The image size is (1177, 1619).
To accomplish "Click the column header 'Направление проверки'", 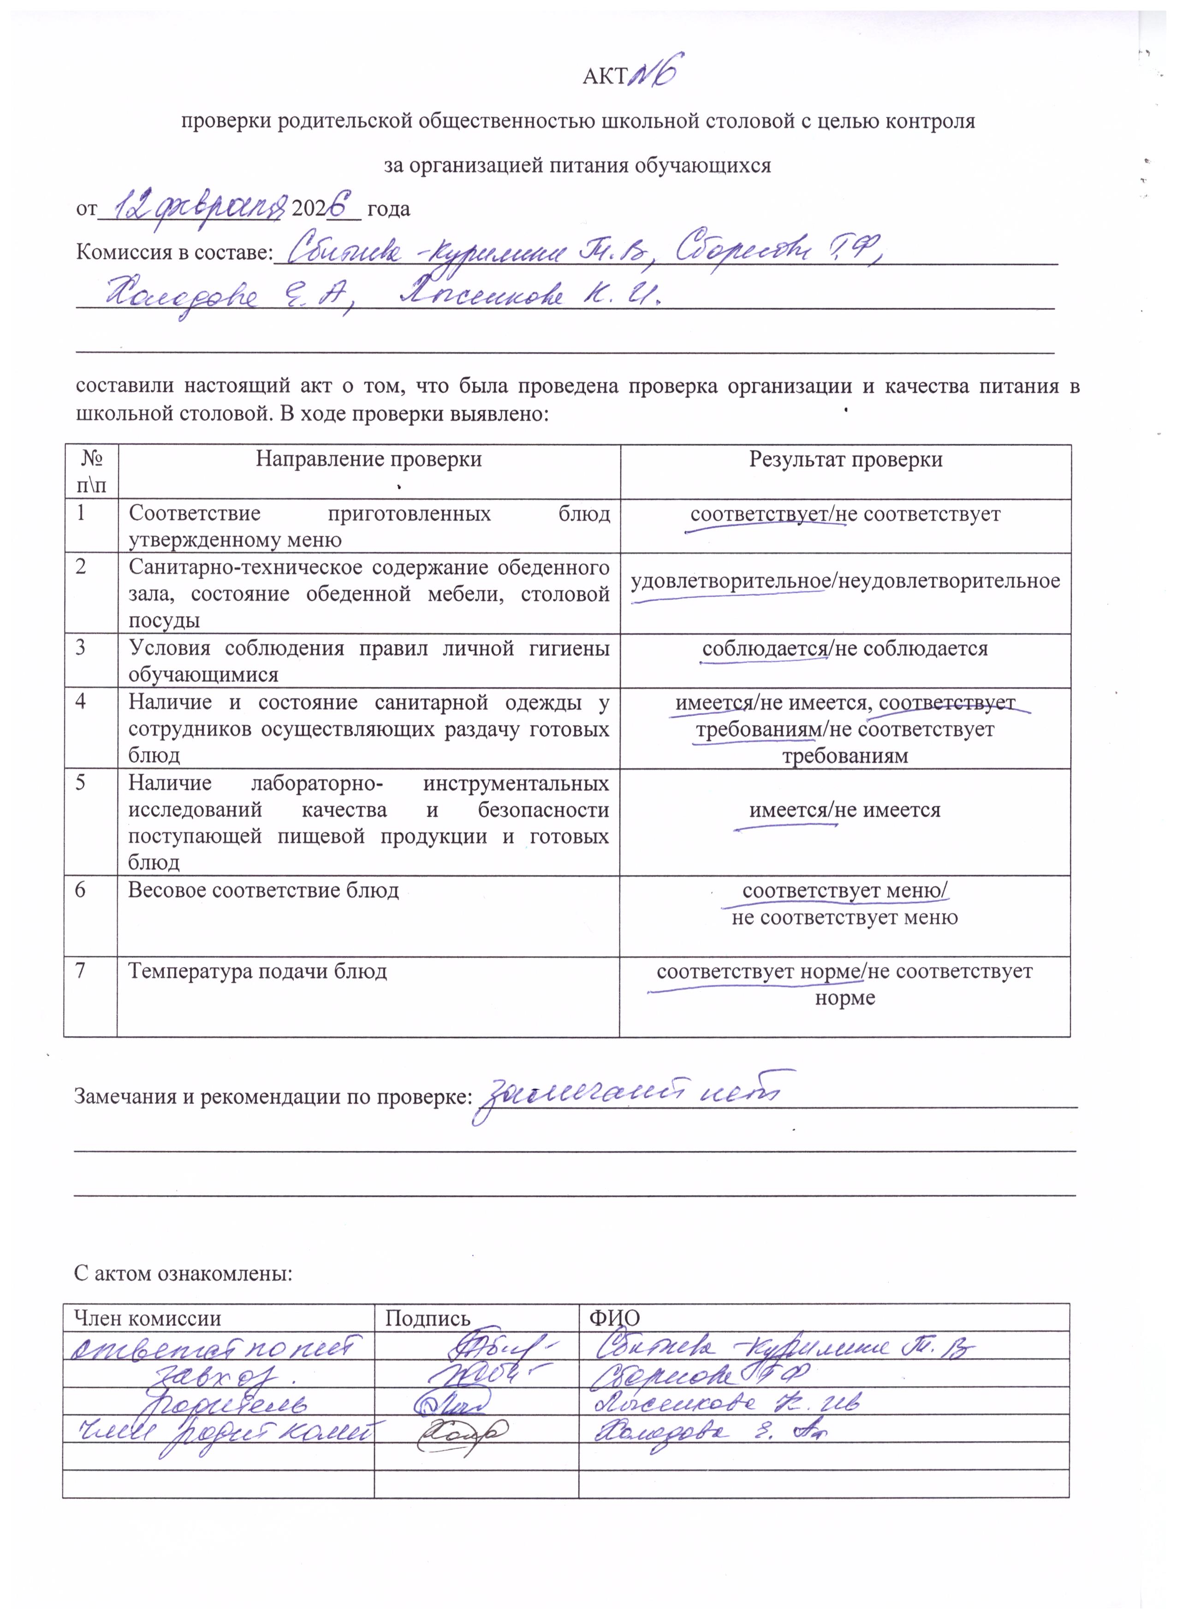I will pyautogui.click(x=369, y=459).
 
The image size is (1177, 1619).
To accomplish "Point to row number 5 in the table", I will pyautogui.click(x=81, y=782).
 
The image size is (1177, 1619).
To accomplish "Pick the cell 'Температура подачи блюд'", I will pyautogui.click(x=257, y=971).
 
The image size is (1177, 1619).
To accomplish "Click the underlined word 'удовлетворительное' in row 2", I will pyautogui.click(x=728, y=581).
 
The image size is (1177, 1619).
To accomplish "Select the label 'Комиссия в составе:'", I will pyautogui.click(x=175, y=253).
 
